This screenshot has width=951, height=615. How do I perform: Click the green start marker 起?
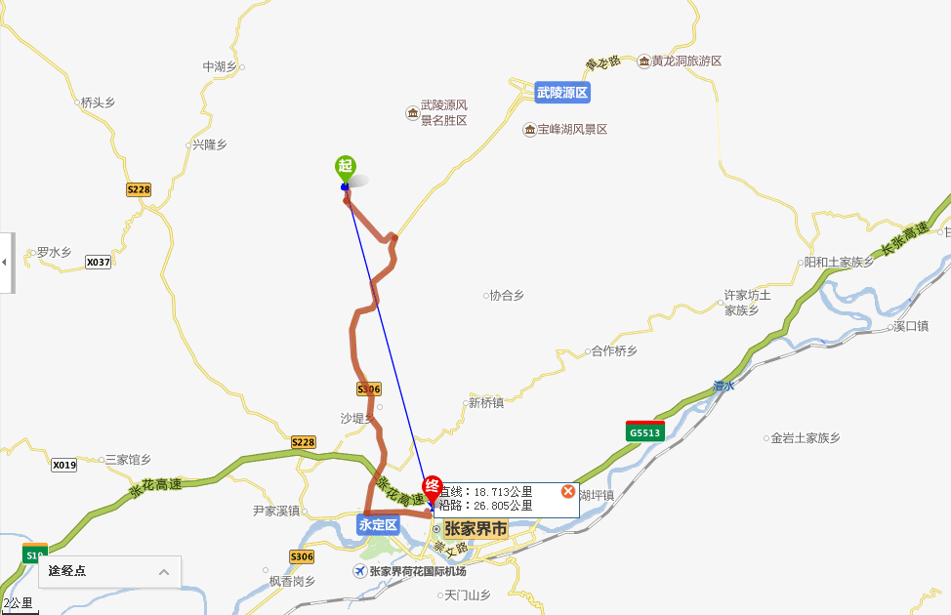coord(345,166)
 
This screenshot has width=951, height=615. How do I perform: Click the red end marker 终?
coord(432,487)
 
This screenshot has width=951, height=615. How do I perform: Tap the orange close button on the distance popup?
coord(568,491)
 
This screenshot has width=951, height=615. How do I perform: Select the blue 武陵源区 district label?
coord(563,93)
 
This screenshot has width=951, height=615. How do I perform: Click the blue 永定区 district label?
coord(378,524)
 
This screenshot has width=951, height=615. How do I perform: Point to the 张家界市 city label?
coord(476,528)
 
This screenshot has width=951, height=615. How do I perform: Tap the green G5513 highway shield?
coord(644,431)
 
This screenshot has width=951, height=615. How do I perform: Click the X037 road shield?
coord(98,262)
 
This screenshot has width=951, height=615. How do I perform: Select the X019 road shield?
coord(64,465)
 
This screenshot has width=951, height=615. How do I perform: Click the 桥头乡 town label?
coord(98,102)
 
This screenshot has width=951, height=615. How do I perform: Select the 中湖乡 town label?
coord(220,66)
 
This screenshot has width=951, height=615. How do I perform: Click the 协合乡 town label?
coord(507,295)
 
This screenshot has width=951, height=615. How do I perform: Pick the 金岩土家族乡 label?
coord(806,438)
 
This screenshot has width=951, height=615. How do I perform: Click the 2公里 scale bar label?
coord(18,603)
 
